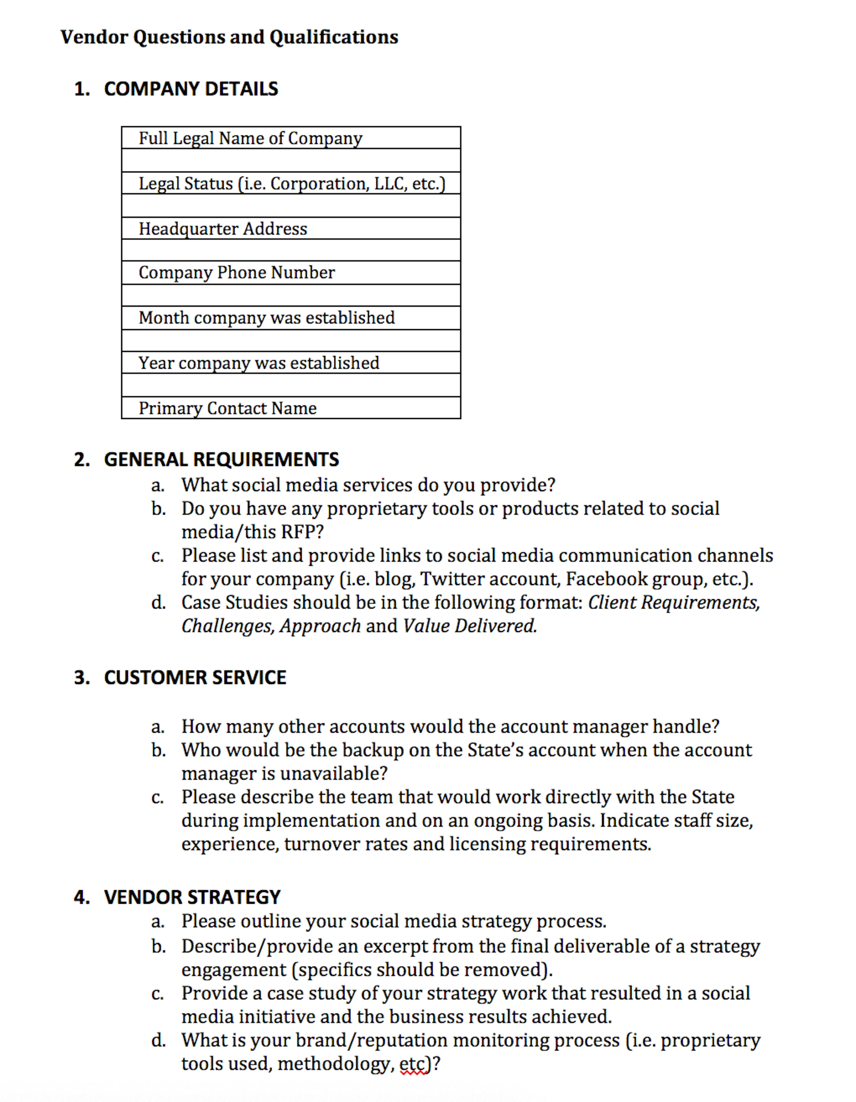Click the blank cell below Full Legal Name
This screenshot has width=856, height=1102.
click(291, 160)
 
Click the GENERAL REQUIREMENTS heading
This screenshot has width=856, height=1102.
click(221, 459)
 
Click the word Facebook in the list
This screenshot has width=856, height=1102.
click(605, 579)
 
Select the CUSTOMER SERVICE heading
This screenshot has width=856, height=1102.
click(195, 677)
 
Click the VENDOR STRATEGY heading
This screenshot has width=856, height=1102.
click(192, 897)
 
